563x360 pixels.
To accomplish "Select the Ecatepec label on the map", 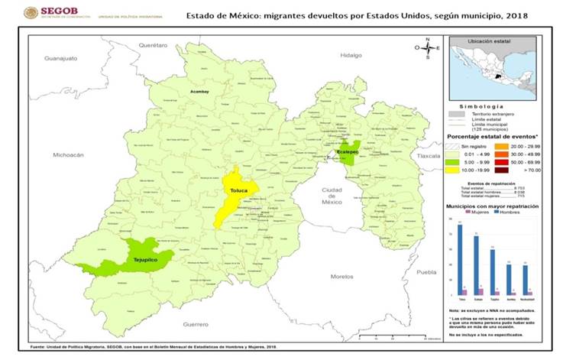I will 348,154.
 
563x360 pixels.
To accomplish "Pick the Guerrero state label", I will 196,325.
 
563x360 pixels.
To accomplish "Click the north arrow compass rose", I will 428,48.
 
